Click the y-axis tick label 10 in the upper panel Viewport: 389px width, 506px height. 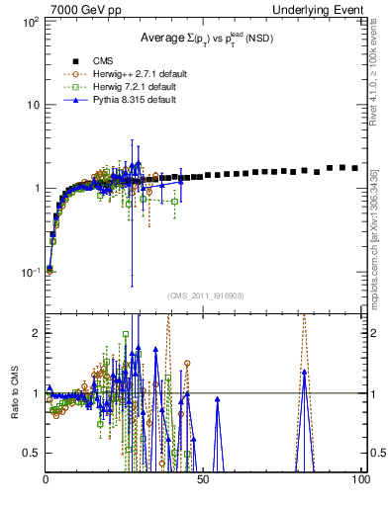coord(33,105)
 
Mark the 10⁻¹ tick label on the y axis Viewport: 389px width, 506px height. coord(30,271)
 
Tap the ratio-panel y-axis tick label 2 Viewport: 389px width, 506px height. coord(37,333)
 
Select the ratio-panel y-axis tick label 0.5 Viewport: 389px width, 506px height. coord(33,453)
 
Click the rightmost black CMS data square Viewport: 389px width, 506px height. coord(355,168)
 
